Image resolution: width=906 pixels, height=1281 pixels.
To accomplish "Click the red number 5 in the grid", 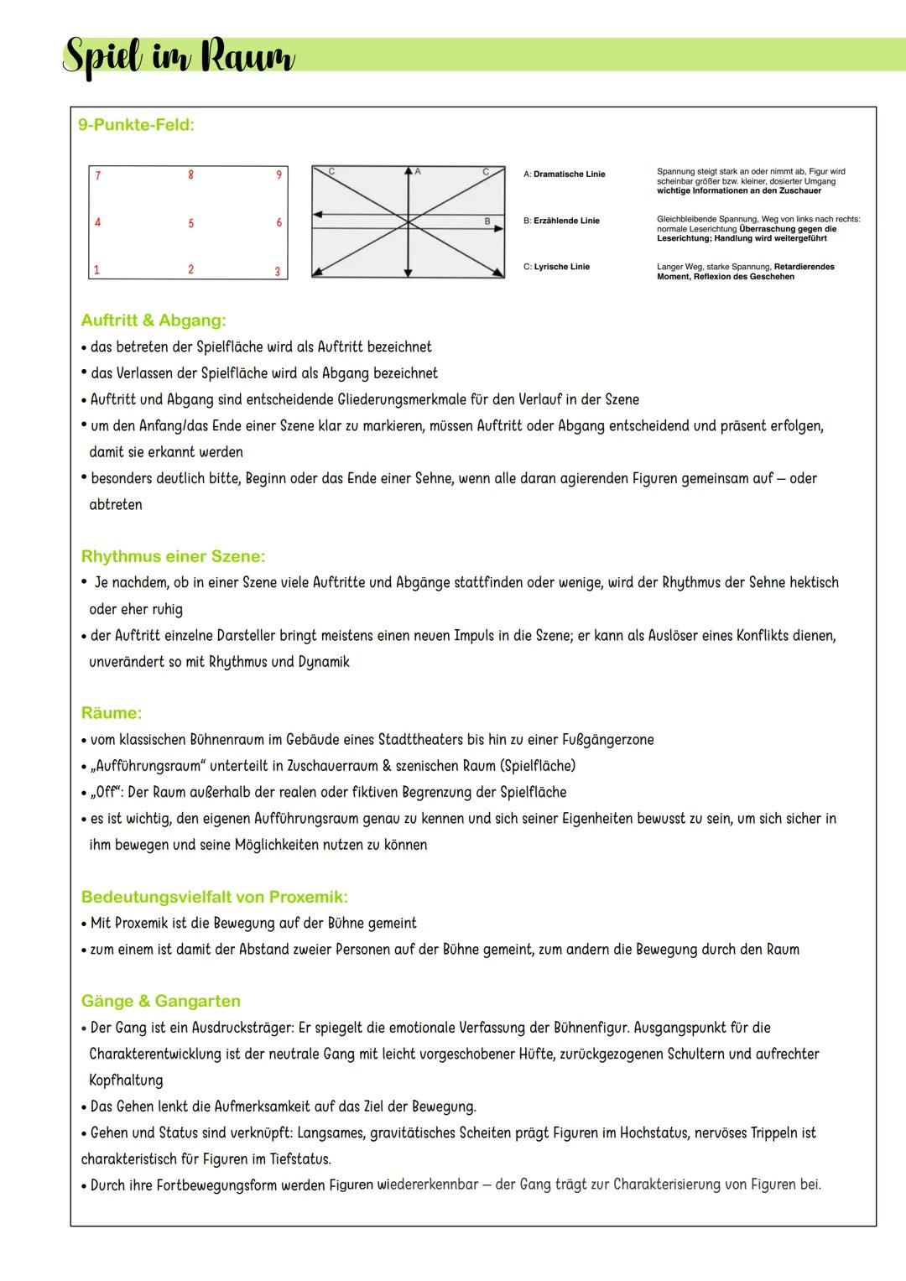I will (x=190, y=223).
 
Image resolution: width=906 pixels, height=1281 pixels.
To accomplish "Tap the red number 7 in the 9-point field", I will (x=98, y=176).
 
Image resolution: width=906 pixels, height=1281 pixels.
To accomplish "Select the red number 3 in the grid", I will (x=278, y=272).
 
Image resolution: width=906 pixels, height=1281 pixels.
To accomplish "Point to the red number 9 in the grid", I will (x=279, y=175).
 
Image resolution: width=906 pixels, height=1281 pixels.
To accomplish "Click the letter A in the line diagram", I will (x=418, y=171).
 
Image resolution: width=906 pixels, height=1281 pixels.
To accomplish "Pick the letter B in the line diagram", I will (x=487, y=221).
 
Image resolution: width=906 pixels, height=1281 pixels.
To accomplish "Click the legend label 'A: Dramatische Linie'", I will (x=564, y=174).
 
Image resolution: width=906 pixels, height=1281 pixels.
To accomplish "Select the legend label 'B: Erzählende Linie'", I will (x=561, y=221).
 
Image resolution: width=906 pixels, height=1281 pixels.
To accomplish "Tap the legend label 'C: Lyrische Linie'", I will (x=556, y=267).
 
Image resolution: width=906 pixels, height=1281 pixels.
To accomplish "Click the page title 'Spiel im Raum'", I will (x=179, y=58).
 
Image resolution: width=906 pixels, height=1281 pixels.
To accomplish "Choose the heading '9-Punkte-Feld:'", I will (x=136, y=125).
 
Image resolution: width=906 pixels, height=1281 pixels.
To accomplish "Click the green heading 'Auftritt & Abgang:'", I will (x=154, y=320).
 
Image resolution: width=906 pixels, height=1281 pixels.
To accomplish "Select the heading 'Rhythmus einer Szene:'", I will (x=173, y=556).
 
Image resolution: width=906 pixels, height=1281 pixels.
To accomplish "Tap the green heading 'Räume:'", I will (x=112, y=713).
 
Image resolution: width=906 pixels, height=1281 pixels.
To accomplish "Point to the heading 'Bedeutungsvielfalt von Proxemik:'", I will (x=214, y=897).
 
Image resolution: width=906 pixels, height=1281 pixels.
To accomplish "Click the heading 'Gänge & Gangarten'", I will (x=160, y=1001).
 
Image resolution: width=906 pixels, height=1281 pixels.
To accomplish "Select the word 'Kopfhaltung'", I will (x=126, y=1081).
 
